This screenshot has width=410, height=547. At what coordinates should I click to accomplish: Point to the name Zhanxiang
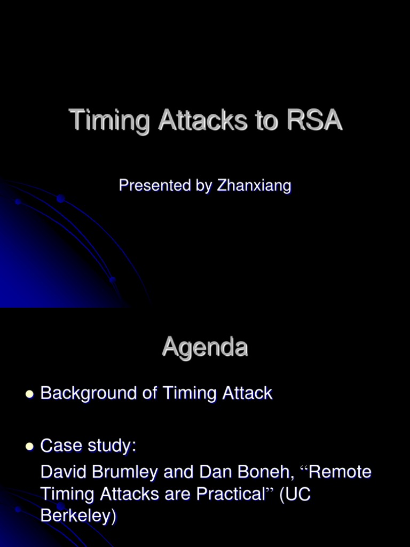(254, 186)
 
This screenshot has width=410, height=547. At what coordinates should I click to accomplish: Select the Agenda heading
(205, 348)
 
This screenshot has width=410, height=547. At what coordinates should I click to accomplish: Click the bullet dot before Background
(29, 395)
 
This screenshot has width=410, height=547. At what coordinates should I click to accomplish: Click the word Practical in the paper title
(231, 495)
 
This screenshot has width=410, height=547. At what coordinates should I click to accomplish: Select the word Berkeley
(78, 517)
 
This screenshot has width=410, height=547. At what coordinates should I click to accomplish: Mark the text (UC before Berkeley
(295, 495)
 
